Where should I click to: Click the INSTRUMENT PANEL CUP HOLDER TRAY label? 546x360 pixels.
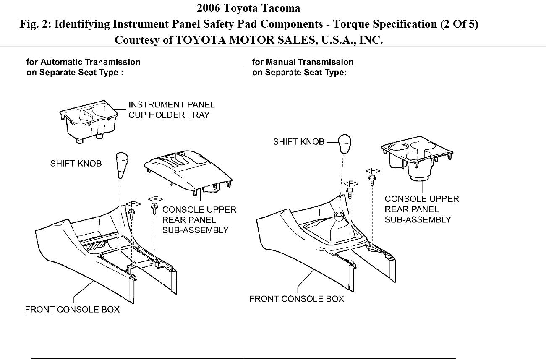point(171,110)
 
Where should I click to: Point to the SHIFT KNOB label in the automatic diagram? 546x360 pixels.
point(76,163)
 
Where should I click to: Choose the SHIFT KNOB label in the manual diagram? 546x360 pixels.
point(298,141)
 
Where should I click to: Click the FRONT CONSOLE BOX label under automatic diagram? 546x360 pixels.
point(72,310)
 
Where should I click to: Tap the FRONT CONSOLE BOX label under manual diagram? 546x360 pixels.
point(297,299)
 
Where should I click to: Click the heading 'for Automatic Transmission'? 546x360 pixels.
point(84,62)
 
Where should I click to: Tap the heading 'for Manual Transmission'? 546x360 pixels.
point(303,62)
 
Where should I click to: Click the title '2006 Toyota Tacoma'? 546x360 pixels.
point(248,8)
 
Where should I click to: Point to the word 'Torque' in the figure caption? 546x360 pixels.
point(351,24)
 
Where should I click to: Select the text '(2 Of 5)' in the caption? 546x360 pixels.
point(459,24)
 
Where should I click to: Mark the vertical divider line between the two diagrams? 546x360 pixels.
point(244,210)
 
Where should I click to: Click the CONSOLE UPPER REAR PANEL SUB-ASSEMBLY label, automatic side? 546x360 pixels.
point(199,220)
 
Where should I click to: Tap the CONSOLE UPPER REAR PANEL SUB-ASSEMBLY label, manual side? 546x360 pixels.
point(422,209)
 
